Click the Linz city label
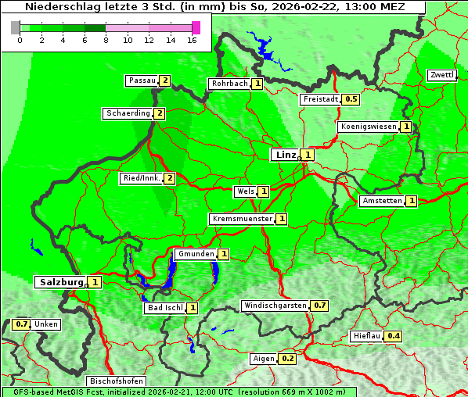coord(285,155)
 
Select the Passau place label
coord(142,80)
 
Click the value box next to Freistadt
coord(351,99)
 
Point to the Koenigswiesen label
coord(368,127)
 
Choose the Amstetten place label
coord(381,202)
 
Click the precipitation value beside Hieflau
coord(394,336)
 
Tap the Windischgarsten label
coord(275,305)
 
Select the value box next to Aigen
coord(287,359)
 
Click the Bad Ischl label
coord(164,308)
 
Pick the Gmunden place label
coord(195,254)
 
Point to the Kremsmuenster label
coord(242,219)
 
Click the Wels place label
coord(246,191)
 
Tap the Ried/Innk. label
coord(141,178)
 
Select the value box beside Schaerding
coord(160,113)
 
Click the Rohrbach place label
coord(229,84)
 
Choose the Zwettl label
coord(441,75)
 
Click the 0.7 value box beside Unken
coord(22,324)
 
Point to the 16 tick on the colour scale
coord(193,39)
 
